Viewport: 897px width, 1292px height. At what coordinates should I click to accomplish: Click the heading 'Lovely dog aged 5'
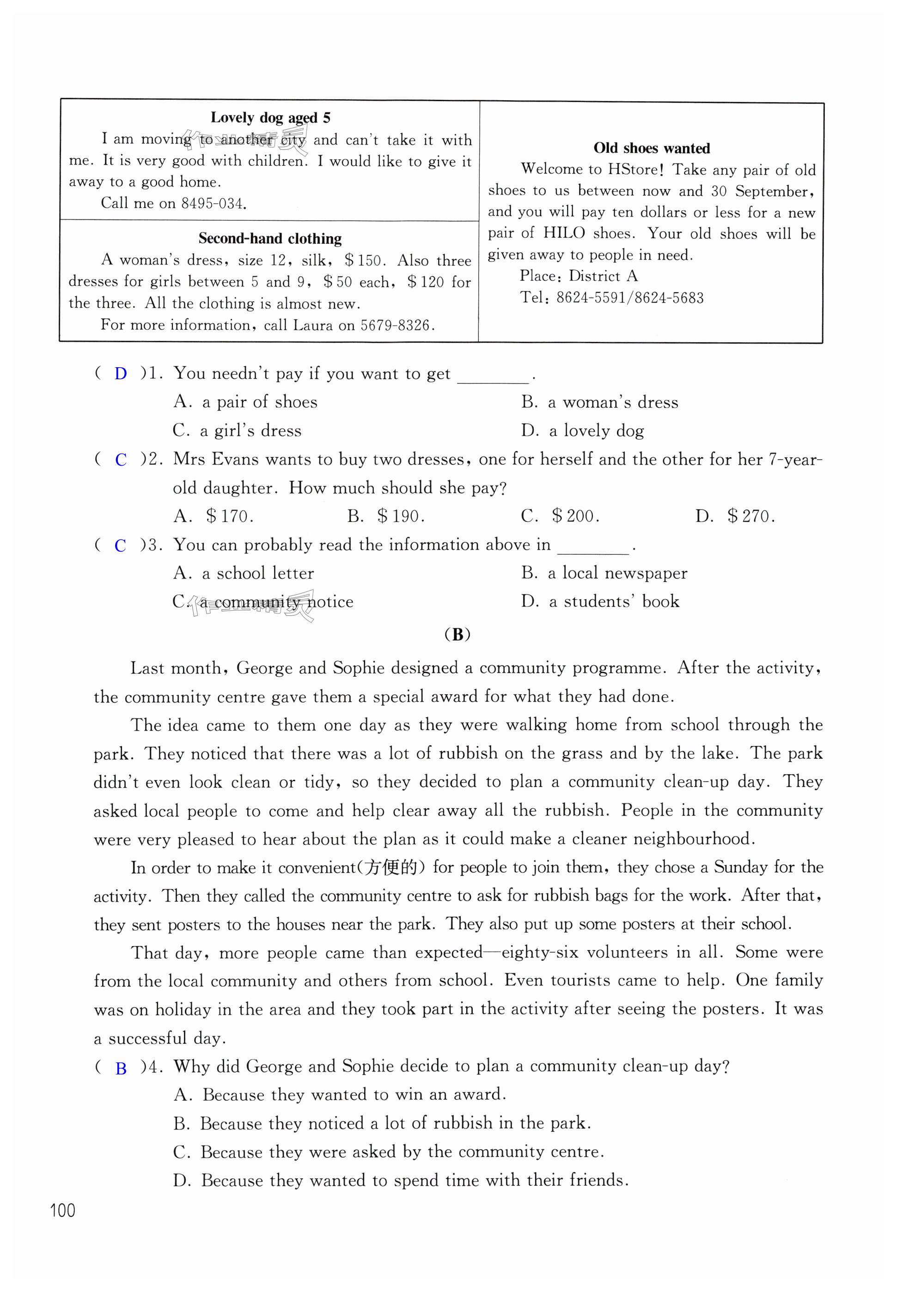[x=270, y=117]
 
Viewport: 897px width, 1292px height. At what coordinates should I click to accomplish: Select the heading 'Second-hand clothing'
[x=270, y=239]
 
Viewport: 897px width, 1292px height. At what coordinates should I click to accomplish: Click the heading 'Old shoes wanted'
[x=652, y=148]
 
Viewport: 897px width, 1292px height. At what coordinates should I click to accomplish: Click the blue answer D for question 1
[x=121, y=374]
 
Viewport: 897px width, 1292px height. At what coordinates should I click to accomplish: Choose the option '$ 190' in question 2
[x=400, y=516]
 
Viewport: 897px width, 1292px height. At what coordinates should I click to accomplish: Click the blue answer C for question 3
[x=120, y=546]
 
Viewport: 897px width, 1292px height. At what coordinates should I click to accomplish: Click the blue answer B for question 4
[x=121, y=1068]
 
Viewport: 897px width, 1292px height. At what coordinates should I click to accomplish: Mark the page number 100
[x=62, y=1211]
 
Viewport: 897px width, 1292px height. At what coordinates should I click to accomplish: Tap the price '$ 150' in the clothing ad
[x=364, y=261]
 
